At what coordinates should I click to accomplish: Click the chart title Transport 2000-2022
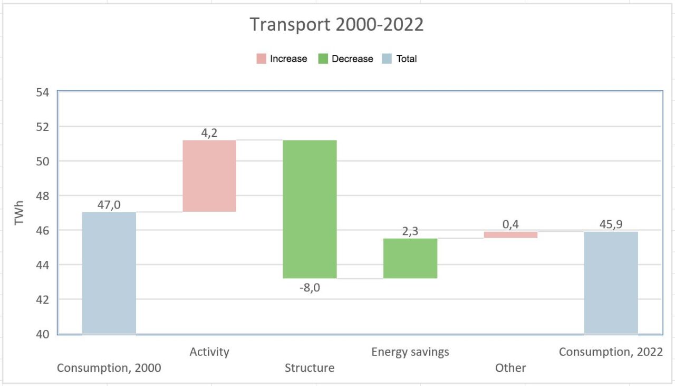(336, 25)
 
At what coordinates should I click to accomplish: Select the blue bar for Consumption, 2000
(109, 273)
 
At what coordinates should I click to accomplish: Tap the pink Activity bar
(209, 176)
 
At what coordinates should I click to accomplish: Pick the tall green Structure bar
(310, 209)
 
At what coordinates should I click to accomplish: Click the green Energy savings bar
(410, 258)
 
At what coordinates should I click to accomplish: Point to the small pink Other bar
(511, 234)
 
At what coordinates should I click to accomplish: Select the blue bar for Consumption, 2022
(611, 283)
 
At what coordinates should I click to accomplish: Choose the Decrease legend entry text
(352, 59)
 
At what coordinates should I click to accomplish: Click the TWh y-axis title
(20, 213)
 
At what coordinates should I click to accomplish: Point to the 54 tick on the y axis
(43, 92)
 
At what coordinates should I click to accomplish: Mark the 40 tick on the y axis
(43, 334)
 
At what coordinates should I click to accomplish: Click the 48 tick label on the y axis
(43, 196)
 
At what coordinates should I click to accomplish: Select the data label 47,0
(109, 204)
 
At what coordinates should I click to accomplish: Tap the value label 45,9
(611, 224)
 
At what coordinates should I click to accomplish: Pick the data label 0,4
(511, 224)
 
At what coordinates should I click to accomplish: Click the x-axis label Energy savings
(410, 352)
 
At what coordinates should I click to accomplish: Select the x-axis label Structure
(310, 368)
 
